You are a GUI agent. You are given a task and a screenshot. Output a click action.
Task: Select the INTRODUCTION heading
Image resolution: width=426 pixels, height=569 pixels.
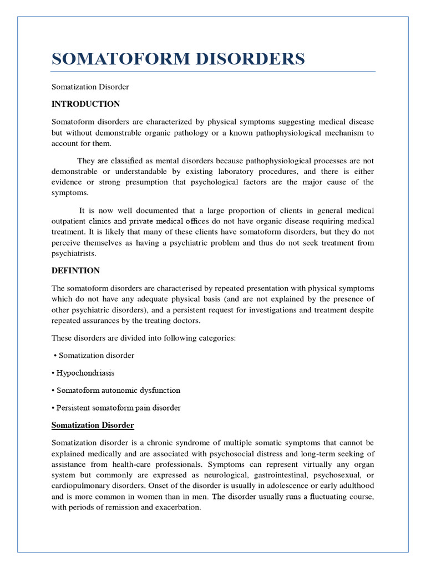(85, 104)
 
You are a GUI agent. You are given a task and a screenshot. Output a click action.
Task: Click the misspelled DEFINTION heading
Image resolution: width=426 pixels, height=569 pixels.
(76, 271)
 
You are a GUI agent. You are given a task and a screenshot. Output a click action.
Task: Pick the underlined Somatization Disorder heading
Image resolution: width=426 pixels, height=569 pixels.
(93, 426)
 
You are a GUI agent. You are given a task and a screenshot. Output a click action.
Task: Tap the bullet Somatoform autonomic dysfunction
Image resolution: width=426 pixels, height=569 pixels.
(118, 391)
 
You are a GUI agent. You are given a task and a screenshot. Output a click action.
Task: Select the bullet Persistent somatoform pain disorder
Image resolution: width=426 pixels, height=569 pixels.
(118, 408)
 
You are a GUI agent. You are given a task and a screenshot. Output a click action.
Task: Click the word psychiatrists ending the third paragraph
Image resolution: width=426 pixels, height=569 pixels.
(74, 253)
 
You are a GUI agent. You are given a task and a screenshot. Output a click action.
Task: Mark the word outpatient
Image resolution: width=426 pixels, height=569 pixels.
(69, 222)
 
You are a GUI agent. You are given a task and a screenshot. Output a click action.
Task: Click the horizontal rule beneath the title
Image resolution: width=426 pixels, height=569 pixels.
(214, 72)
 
